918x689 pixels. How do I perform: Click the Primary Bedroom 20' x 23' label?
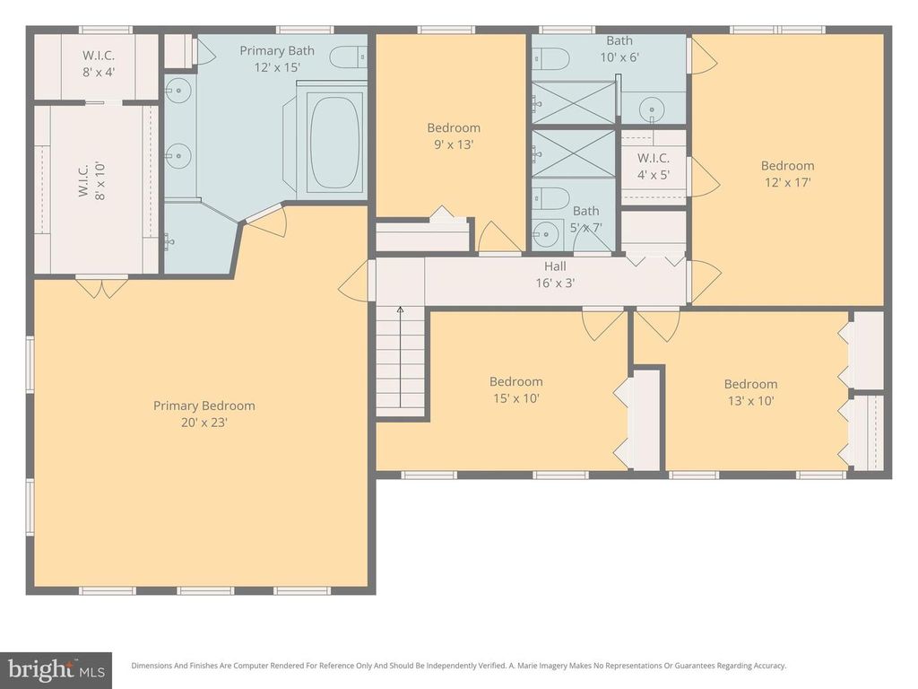coord(204,414)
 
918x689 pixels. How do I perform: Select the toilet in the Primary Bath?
coord(347,58)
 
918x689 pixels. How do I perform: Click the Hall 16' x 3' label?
coord(555,275)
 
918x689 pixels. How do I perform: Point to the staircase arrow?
coord(400,312)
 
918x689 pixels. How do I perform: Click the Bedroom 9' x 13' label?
coord(453,135)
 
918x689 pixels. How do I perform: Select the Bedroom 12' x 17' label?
coord(787,173)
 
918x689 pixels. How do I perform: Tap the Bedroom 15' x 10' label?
coord(515,389)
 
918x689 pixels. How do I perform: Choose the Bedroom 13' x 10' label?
coord(750,392)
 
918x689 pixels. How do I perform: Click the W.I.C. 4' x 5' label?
coord(654,166)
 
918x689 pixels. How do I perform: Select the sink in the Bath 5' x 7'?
coord(545,236)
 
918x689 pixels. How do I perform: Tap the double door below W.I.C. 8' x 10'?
coord(100,288)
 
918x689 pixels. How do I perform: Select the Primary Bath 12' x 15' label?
coord(277,58)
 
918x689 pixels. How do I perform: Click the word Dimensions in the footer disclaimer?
coord(153,666)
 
